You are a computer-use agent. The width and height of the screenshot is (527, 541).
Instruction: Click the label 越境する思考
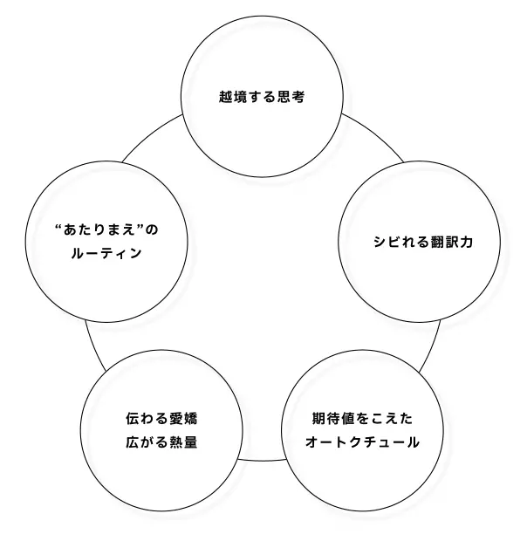pos(262,97)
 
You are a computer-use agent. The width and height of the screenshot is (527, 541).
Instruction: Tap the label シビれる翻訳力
pos(423,242)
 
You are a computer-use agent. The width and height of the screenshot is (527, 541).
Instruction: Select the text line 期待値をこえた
pos(362,419)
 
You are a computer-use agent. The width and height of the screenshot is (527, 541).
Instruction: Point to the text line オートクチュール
pos(362,442)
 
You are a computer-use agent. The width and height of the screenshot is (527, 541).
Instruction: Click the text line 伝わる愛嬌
pos(161,419)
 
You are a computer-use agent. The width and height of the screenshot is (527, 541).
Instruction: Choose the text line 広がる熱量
pos(161,442)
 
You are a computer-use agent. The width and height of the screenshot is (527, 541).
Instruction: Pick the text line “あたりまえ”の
pos(106,229)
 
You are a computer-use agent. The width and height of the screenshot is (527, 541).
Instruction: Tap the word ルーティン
pos(106,253)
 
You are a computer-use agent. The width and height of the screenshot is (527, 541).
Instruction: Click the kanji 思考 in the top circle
pos(291,97)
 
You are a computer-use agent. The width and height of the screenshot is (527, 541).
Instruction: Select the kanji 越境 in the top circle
pos(233,97)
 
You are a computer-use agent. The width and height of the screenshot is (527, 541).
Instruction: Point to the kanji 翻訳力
pos(452,242)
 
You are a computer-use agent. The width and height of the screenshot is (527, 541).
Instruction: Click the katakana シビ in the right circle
pos(387,242)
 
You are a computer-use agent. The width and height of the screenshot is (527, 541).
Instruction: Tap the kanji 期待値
pos(333,419)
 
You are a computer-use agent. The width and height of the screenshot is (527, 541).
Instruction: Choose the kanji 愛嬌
pos(183,419)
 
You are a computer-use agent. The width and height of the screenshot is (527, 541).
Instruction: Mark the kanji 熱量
pos(183,442)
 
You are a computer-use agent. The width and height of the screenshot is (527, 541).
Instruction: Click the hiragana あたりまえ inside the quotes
pos(99,229)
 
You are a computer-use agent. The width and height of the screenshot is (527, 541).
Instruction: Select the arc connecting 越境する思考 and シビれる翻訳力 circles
pos(377,134)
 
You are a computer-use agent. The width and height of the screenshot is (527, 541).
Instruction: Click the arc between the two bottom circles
pos(262,461)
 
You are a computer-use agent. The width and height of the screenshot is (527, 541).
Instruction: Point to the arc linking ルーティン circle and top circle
pos(148,134)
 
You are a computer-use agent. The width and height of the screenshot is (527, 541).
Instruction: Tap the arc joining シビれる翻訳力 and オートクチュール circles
pos(432,346)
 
